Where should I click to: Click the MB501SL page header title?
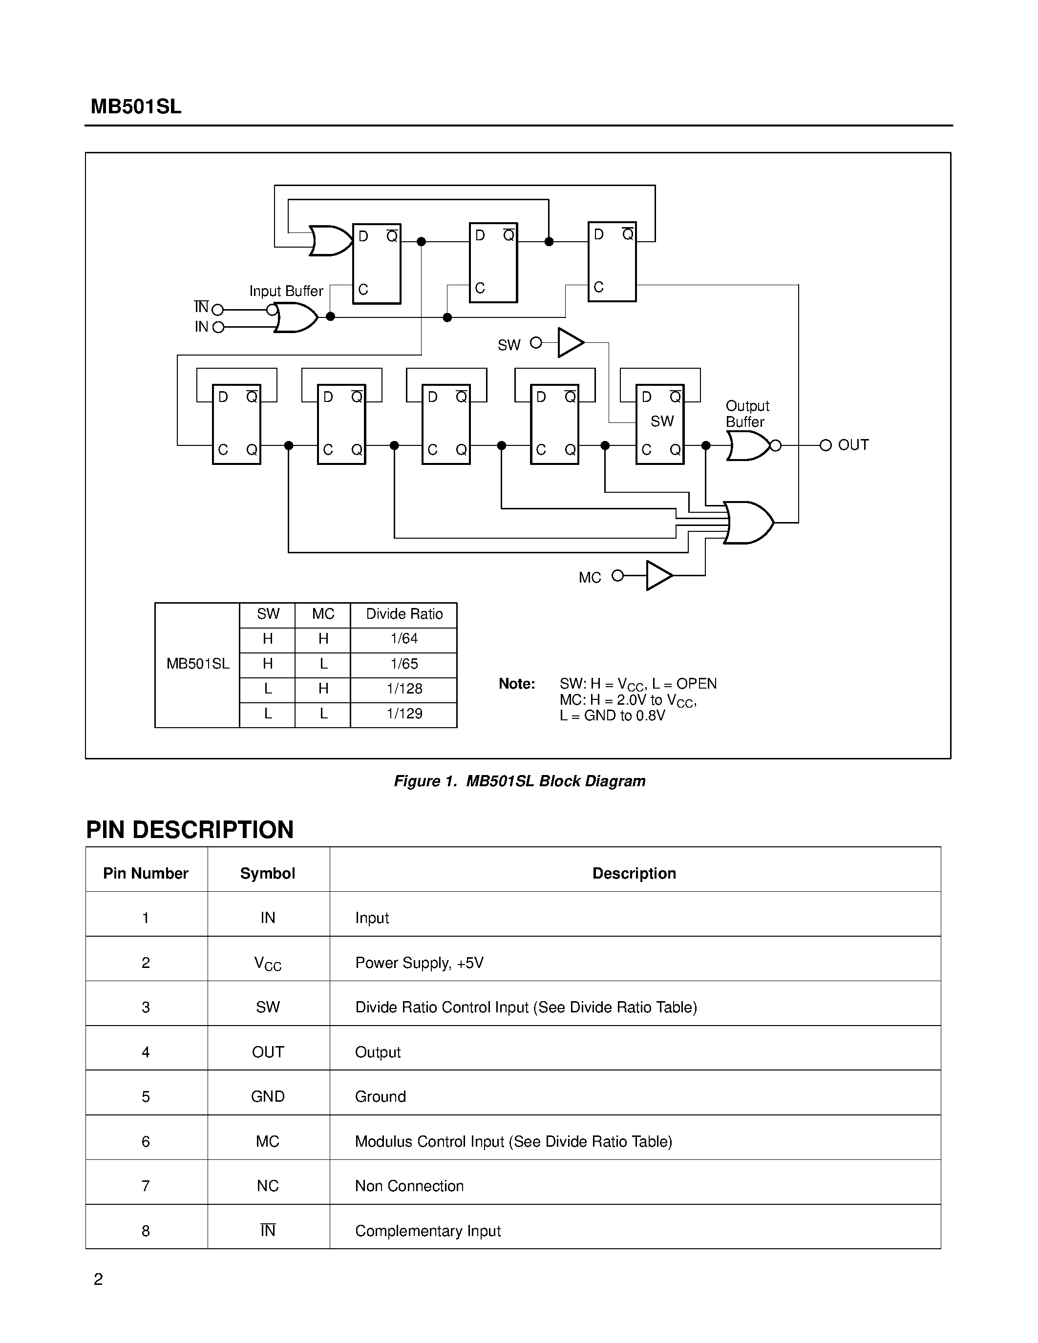coord(136,106)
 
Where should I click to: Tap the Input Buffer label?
coord(286,291)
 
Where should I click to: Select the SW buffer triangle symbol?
coord(570,342)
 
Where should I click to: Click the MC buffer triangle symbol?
coord(658,576)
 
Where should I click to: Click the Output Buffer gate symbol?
coord(748,445)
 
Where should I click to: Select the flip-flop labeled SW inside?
coord(660,424)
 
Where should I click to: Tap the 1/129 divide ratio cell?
coord(404,714)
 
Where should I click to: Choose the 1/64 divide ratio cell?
coord(404,639)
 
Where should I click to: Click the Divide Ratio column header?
coord(404,614)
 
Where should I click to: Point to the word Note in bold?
coord(516,684)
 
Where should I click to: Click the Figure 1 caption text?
coord(520,781)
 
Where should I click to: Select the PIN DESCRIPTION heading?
coord(190,830)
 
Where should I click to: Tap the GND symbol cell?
coord(268,1096)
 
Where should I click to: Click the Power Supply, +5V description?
coord(420,963)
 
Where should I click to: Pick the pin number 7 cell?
coord(146,1186)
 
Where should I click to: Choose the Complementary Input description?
coord(428,1231)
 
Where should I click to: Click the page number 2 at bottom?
coord(98,1279)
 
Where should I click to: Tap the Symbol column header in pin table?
coord(268,873)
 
